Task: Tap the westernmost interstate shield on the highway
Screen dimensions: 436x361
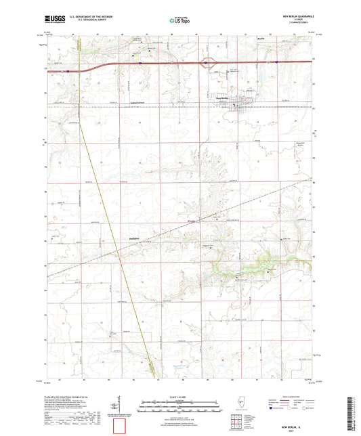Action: pos(68,70)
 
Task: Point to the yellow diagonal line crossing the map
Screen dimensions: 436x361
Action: pos(115,223)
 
